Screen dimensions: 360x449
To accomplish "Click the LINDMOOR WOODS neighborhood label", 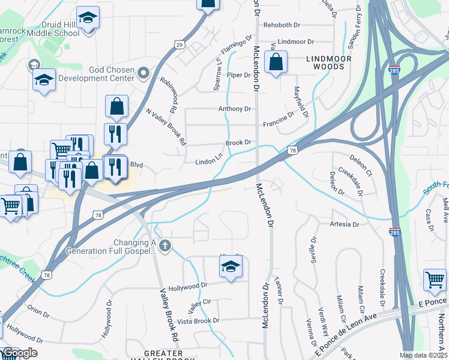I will (325, 62).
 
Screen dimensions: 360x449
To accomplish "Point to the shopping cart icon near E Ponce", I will (435, 279).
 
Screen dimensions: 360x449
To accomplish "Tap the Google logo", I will (19, 353).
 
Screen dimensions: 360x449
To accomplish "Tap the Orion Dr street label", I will (38, 312).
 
